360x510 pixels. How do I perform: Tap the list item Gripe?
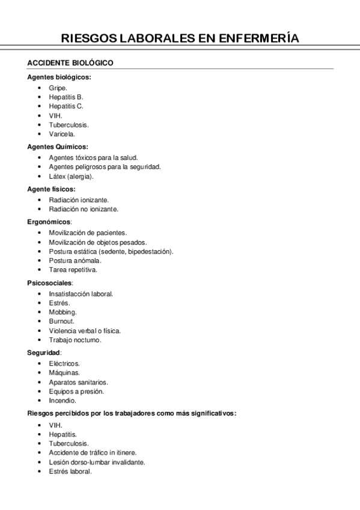pyautogui.click(x=58, y=87)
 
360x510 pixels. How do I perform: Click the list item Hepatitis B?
pyautogui.click(x=66, y=97)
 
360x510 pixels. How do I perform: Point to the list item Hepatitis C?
pyautogui.click(x=66, y=106)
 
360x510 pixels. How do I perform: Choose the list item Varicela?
pyautogui.click(x=62, y=134)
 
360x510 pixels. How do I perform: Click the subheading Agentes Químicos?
pyautogui.click(x=58, y=146)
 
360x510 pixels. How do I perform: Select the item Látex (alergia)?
pyautogui.click(x=72, y=177)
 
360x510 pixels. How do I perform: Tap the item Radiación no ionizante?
pyautogui.click(x=84, y=209)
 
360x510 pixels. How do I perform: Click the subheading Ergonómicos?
pyautogui.click(x=49, y=221)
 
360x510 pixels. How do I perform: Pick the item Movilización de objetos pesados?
pyautogui.click(x=97, y=242)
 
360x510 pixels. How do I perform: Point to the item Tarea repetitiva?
pyautogui.click(x=73, y=270)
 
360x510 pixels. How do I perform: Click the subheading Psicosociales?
pyautogui.click(x=50, y=282)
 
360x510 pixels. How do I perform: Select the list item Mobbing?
pyautogui.click(x=63, y=312)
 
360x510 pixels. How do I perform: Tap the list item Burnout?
pyautogui.click(x=62, y=321)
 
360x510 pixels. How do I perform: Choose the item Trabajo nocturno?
pyautogui.click(x=75, y=340)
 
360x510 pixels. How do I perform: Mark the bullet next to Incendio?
pyautogui.click(x=39, y=401)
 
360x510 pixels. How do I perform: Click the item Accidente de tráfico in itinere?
pyautogui.click(x=93, y=452)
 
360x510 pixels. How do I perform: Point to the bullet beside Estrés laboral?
pyautogui.click(x=39, y=472)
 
